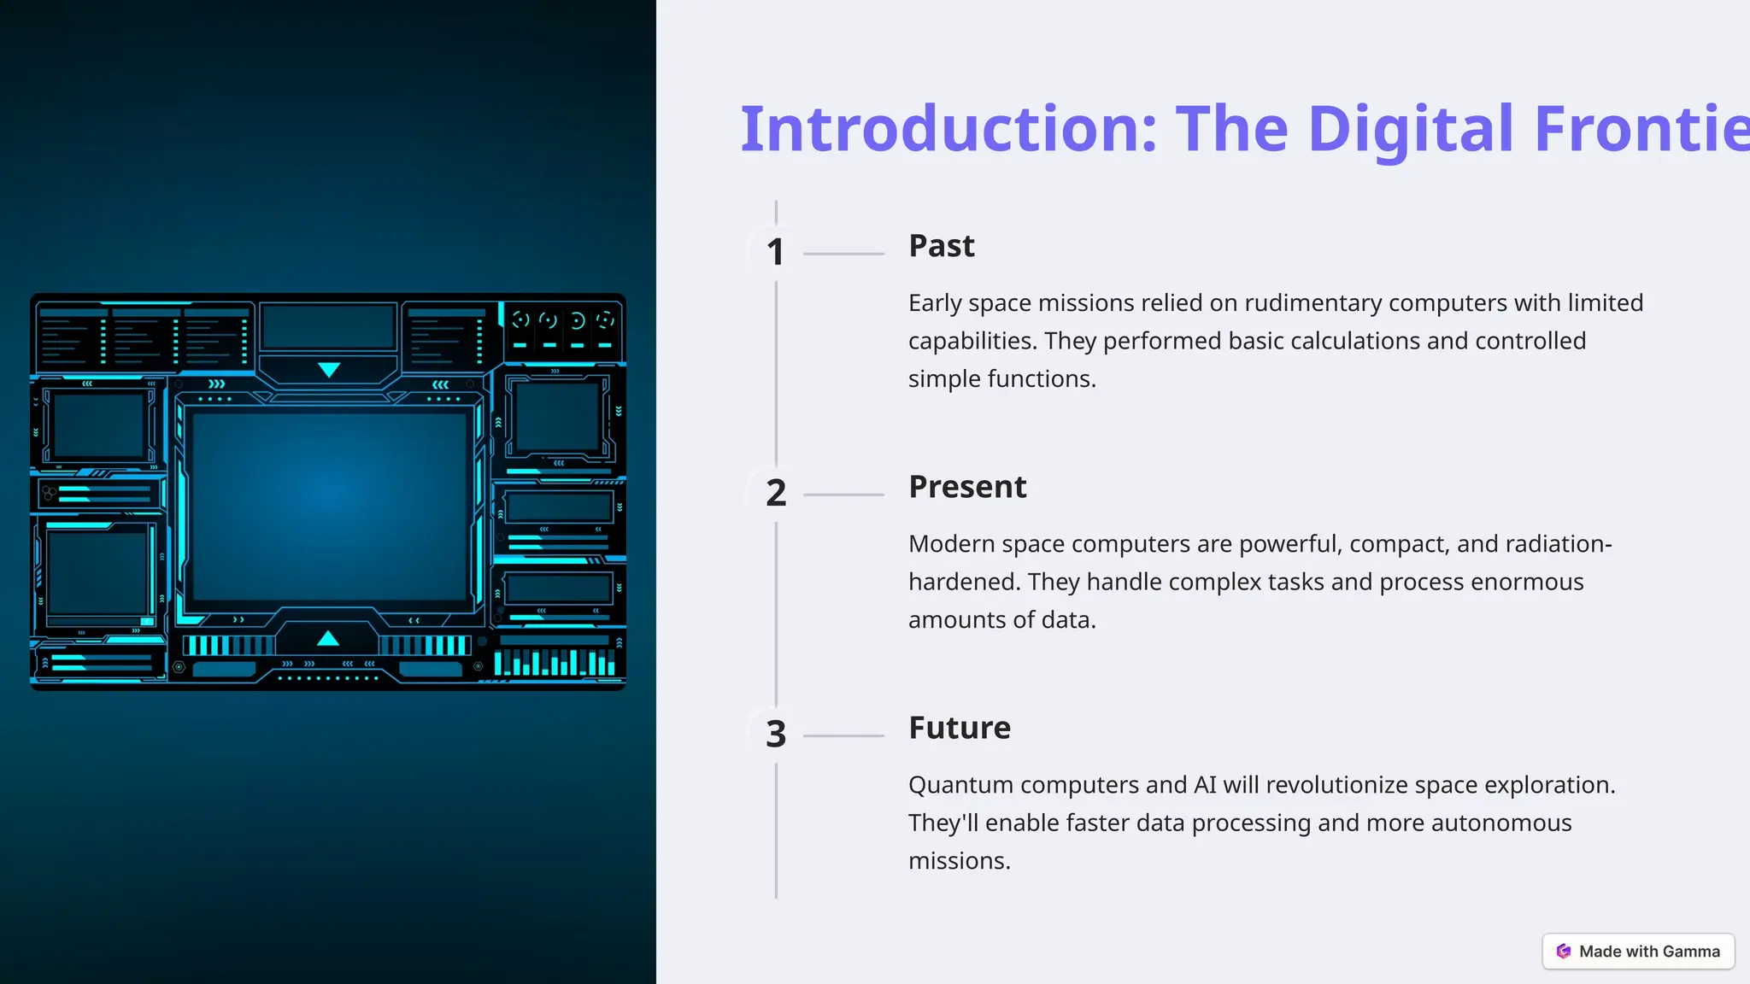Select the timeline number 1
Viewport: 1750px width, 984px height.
(775, 252)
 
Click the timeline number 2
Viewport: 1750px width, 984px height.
(775, 493)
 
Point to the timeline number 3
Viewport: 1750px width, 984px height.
(775, 734)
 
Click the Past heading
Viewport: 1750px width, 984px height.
(941, 246)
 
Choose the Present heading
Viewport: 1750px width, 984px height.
(967, 487)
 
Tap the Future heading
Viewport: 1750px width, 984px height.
(959, 728)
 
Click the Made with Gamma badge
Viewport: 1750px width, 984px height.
(1638, 952)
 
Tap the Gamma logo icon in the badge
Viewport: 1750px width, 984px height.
(1564, 952)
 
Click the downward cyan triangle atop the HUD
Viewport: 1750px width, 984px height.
(329, 370)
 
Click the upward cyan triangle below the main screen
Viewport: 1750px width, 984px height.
(328, 638)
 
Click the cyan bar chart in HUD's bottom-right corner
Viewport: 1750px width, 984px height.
(555, 662)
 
